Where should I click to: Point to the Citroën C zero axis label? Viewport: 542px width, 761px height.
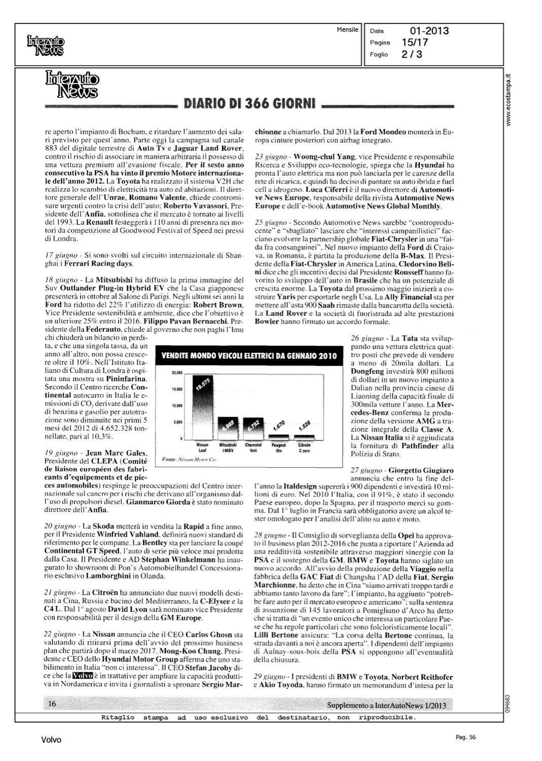tap(305, 446)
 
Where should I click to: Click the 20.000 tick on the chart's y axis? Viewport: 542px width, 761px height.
tap(177, 373)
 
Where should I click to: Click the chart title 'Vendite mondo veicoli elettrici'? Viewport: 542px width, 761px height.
tap(248, 356)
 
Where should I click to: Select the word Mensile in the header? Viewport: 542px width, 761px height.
tap(347, 30)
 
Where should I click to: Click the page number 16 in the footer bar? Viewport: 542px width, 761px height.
tap(52, 704)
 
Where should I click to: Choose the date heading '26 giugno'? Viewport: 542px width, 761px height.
tap(366, 338)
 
